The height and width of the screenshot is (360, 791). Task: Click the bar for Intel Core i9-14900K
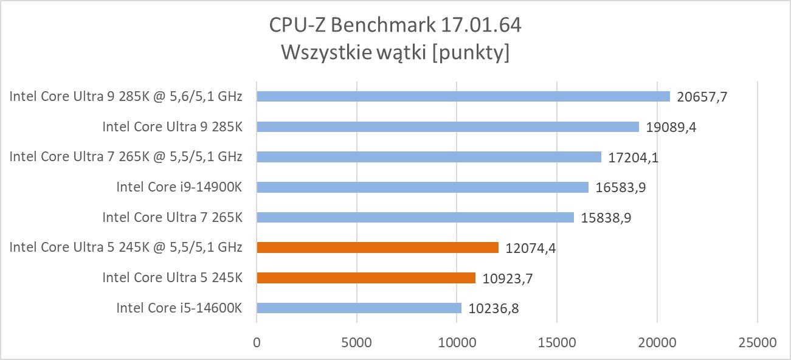coord(423,187)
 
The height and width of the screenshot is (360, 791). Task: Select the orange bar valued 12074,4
coord(378,247)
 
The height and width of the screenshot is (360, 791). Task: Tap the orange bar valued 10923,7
coord(366,278)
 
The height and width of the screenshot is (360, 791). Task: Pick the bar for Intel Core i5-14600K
coord(359,308)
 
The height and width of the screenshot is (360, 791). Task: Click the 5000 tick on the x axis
coord(357,342)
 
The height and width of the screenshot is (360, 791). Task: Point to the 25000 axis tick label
coord(757,342)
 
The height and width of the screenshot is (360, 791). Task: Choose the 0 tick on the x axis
coord(257,342)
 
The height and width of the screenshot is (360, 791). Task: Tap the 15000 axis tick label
coord(557,342)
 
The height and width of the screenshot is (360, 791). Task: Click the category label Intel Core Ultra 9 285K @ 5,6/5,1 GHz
coord(126,96)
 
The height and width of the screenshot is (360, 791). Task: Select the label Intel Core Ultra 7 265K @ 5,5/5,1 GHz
coord(126,157)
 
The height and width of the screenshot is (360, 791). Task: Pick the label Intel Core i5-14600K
coord(179,308)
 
